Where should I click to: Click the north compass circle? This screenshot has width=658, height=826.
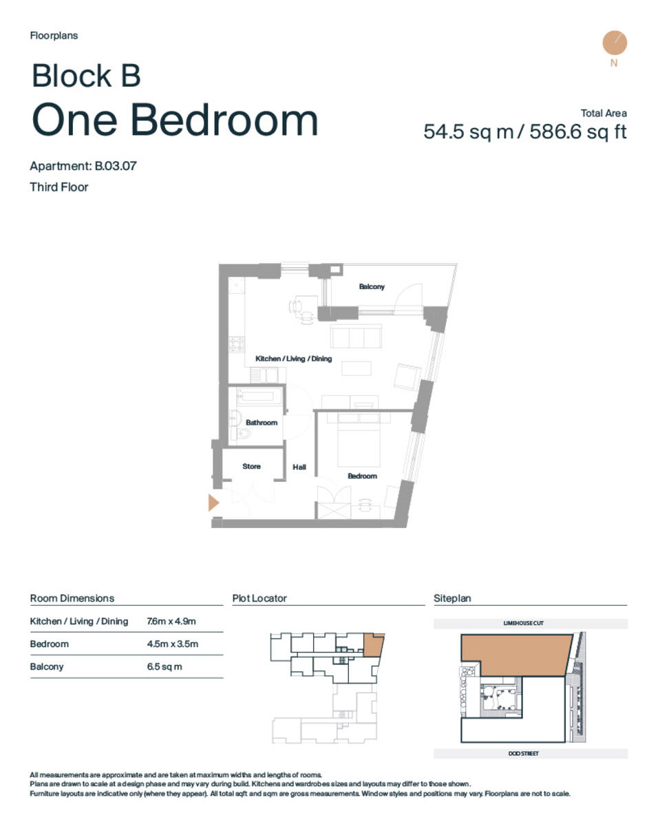(614, 43)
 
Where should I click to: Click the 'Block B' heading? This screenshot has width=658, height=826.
(86, 76)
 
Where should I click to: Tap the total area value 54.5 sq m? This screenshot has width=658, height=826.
(468, 131)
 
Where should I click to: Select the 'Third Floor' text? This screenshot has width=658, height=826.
(59, 187)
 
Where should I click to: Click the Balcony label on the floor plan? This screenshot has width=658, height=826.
(372, 286)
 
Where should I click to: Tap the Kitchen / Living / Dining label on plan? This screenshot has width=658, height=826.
(293, 359)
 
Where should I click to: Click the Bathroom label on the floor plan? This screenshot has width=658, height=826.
(262, 423)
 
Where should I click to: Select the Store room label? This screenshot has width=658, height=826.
(251, 466)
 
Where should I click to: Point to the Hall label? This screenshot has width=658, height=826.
(299, 467)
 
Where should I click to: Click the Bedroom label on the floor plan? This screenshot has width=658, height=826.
(362, 476)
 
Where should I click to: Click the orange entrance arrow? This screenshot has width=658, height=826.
(213, 502)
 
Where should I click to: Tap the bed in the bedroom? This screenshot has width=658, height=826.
(359, 446)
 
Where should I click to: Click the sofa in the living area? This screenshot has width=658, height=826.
(356, 337)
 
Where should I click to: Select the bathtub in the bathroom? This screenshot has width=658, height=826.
(259, 397)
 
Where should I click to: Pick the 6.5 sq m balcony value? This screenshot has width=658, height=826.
(164, 666)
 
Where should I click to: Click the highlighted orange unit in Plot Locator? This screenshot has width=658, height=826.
(373, 645)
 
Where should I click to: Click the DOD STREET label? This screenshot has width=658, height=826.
(524, 753)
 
